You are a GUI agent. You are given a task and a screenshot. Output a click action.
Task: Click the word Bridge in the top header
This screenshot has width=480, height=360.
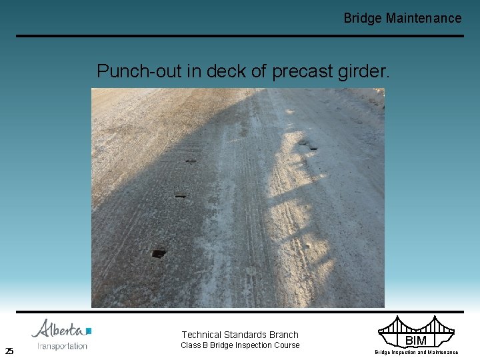[x=362, y=19]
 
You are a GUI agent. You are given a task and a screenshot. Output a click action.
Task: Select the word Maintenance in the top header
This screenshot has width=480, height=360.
[x=423, y=19]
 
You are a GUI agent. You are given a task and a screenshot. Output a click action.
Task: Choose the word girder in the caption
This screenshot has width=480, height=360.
[x=364, y=71]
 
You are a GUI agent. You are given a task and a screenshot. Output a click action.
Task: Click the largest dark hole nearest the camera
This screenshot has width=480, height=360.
[x=159, y=253]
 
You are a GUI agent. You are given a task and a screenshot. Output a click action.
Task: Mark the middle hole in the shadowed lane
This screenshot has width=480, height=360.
[x=180, y=196]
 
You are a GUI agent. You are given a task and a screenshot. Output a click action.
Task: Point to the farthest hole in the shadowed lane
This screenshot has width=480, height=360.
[x=191, y=161]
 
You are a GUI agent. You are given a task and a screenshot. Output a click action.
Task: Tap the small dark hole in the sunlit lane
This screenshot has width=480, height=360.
[x=313, y=148]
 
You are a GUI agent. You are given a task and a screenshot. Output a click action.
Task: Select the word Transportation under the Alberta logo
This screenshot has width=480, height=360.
[x=62, y=346]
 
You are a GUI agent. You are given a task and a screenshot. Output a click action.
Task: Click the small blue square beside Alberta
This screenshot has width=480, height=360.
[x=89, y=331]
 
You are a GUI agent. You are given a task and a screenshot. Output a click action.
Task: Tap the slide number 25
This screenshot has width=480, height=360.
[x=9, y=351]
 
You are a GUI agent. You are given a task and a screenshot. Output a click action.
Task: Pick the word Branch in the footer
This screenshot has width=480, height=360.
[x=284, y=335]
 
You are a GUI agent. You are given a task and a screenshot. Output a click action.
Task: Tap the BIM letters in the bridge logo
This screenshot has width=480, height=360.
[x=415, y=341]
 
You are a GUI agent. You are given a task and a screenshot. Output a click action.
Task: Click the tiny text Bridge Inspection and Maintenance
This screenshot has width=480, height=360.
[x=416, y=352]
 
